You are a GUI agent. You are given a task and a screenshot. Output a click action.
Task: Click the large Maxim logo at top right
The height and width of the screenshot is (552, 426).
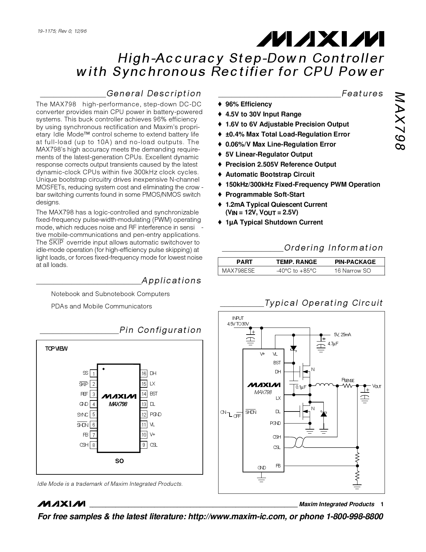tap(320, 39)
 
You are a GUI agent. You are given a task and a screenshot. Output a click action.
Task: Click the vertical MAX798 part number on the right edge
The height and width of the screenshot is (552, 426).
tap(400, 121)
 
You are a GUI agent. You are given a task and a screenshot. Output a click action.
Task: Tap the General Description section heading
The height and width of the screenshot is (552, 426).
tap(154, 93)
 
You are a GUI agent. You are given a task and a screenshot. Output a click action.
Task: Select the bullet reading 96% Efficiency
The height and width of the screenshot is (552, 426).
tap(248, 104)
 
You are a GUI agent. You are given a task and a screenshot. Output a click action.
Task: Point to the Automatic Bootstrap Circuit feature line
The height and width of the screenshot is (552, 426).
tap(270, 175)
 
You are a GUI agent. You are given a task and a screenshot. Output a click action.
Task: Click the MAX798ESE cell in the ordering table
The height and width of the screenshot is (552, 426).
tap(238, 271)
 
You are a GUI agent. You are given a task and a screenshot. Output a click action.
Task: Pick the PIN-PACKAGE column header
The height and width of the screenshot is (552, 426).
tap(355, 262)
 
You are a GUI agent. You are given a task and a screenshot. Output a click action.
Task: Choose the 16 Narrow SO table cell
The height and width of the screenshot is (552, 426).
tap(353, 271)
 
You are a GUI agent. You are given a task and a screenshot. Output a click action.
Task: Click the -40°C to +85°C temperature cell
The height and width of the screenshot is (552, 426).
tap(296, 271)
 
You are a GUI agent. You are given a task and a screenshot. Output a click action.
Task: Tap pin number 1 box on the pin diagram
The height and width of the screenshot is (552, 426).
tap(93, 374)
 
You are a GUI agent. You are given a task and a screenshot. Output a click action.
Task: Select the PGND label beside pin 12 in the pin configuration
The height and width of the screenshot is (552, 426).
tap(156, 415)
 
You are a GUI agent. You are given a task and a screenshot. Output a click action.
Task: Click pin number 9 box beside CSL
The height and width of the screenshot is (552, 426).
tap(144, 445)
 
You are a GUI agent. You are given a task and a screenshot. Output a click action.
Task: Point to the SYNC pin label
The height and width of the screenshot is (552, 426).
tap(83, 415)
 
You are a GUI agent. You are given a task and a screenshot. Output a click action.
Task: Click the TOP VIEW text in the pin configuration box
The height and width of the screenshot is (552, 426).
tap(56, 349)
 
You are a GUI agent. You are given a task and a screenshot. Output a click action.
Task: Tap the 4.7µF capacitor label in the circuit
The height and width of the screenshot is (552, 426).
tap(333, 344)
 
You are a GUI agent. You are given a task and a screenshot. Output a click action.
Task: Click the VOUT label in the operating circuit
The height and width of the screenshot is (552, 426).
tap(377, 386)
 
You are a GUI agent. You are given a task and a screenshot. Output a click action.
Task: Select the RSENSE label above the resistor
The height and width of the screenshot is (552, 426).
tap(347, 380)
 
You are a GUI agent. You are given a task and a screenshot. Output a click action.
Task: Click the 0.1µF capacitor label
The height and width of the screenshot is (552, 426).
tap(301, 387)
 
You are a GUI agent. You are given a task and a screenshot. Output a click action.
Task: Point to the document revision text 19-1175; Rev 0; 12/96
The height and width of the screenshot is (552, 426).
tap(62, 31)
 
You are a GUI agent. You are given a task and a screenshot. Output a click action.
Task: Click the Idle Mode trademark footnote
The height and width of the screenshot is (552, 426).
tap(110, 484)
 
